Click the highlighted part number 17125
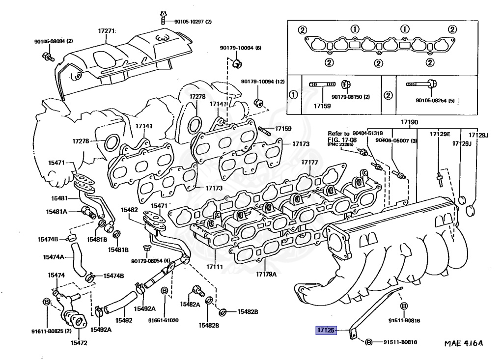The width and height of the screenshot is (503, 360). tap(325, 331)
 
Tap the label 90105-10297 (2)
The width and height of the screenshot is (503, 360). tap(193, 22)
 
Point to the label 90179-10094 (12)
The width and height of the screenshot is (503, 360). tap(263, 82)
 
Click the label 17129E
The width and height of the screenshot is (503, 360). tap(440, 134)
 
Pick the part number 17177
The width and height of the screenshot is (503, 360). tap(310, 162)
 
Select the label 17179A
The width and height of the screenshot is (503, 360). tap(266, 274)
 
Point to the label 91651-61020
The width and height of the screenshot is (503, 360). tap(164, 321)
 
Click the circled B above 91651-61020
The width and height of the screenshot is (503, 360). tap(164, 290)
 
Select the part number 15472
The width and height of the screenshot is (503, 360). tap(79, 342)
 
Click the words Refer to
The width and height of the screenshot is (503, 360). tap(338, 134)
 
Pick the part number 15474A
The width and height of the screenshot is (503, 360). tap(54, 257)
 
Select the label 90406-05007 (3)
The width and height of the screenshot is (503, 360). tap(396, 141)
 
